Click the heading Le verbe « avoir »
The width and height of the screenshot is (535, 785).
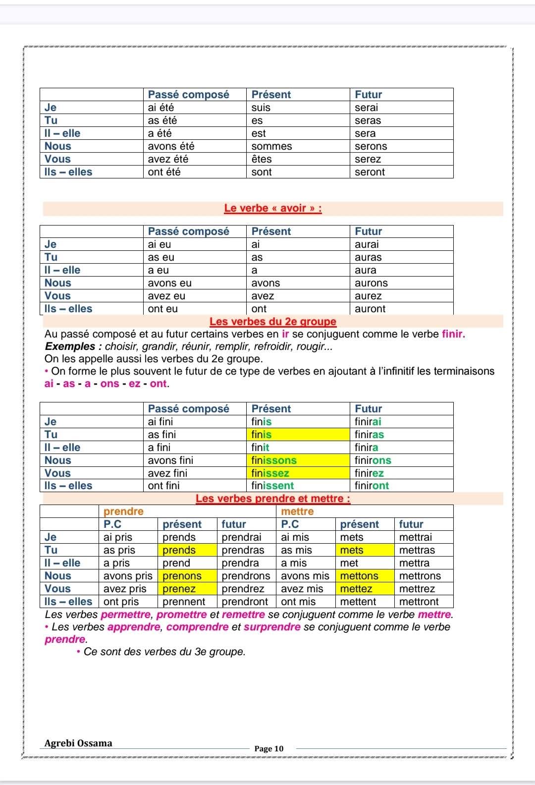click(x=273, y=208)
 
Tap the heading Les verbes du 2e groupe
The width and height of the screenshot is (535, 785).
click(x=273, y=322)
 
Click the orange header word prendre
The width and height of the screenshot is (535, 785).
click(x=123, y=511)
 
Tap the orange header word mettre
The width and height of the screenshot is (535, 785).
click(x=297, y=511)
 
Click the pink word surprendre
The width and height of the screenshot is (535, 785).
click(x=272, y=627)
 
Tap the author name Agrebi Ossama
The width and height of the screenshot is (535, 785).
click(x=78, y=743)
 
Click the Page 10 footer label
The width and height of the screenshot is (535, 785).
click(x=269, y=748)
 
